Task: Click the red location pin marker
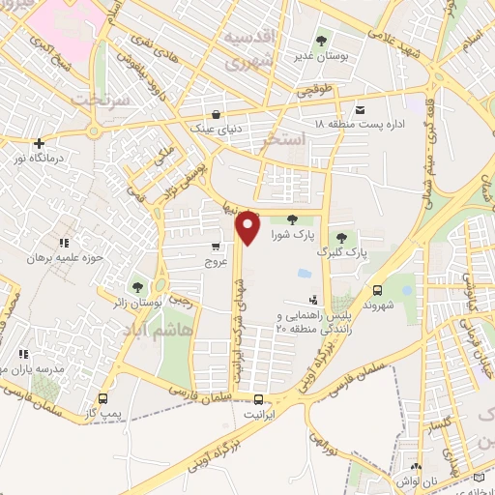[248, 226]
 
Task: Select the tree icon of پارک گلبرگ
[340, 238]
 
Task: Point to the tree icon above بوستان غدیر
[321, 41]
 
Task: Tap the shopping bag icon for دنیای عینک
[217, 112]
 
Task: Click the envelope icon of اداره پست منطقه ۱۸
[361, 110]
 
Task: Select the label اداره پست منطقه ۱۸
[364, 125]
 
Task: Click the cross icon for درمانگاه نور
[38, 143]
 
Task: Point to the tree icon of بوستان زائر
[137, 286]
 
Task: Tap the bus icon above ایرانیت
[258, 399]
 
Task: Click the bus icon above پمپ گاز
[103, 398]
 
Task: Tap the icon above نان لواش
[417, 465]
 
